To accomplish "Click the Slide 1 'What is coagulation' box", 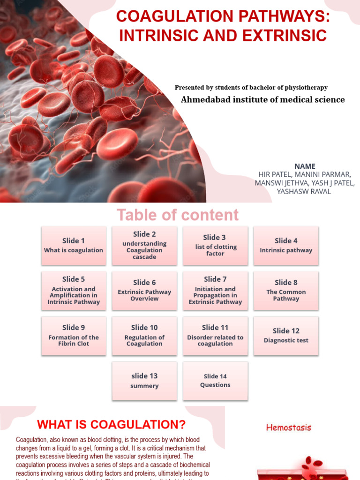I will [x=74, y=245].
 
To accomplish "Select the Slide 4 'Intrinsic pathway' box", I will [x=286, y=245].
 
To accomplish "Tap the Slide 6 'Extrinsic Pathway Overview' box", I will [x=144, y=290].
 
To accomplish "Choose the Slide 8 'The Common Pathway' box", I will [x=286, y=290].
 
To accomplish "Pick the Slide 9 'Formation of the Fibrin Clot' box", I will [x=74, y=335].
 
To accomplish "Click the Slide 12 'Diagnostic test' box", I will [x=286, y=335].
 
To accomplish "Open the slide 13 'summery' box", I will [x=144, y=380].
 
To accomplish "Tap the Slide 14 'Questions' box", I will [x=215, y=380].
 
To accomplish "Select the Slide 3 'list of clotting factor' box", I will [x=215, y=245].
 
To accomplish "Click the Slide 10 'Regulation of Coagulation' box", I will [x=144, y=335].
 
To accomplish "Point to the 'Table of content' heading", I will [x=178, y=215].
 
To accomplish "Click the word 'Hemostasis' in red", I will [x=288, y=427].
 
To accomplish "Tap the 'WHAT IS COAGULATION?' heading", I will [x=112, y=425].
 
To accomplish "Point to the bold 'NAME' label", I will [x=305, y=166].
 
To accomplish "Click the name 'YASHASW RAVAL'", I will [x=304, y=191].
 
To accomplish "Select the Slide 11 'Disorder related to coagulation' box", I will [x=215, y=335].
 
